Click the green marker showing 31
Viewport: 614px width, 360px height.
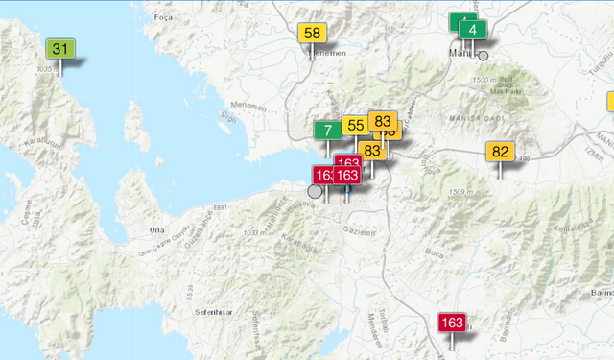tap(60, 49)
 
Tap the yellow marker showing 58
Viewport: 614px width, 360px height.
tap(312, 33)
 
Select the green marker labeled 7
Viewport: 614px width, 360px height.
tap(328, 131)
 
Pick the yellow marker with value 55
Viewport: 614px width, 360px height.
tap(355, 126)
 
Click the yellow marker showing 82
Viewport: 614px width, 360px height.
tap(501, 152)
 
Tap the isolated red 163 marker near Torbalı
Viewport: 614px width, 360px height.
tap(452, 323)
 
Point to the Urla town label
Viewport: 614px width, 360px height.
tap(157, 231)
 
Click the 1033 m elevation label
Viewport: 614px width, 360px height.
tap(255, 232)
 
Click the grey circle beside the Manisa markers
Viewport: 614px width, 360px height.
tap(484, 56)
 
